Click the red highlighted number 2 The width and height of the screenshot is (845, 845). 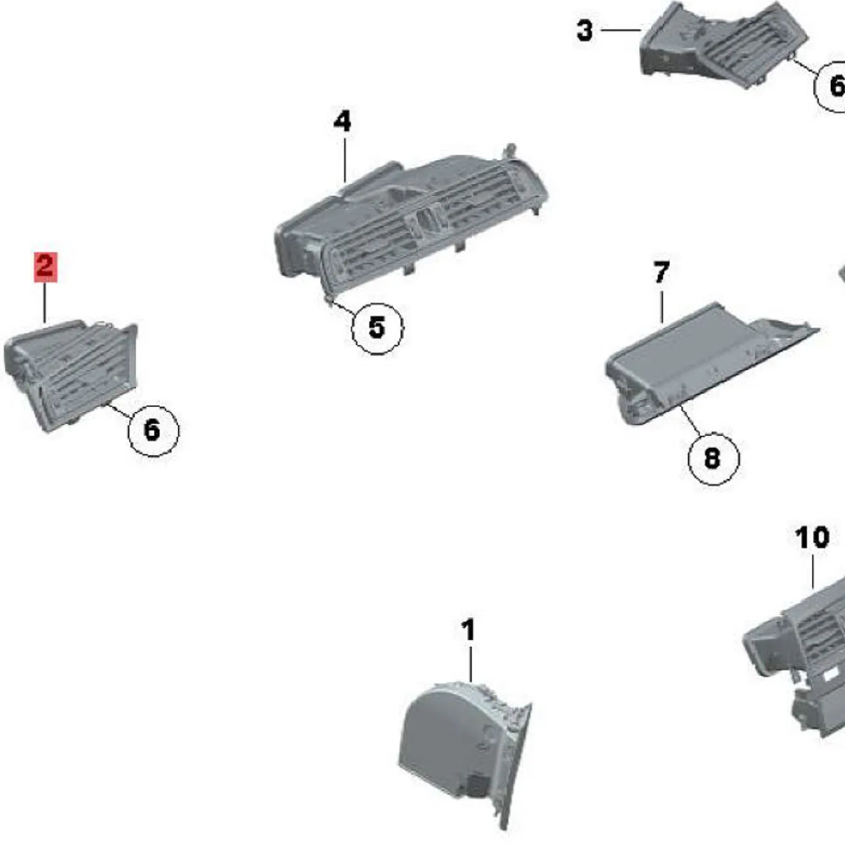coord(45,266)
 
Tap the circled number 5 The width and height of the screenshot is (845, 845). coord(377,328)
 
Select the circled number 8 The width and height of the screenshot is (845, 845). coord(712,458)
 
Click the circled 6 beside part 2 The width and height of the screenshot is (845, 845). coord(152,430)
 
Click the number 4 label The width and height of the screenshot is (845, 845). coord(342,121)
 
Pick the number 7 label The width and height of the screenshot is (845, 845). coord(661,273)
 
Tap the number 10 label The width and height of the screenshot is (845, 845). coord(812,538)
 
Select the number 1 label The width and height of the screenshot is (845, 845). coord(469,630)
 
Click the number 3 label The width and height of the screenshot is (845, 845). coord(584,30)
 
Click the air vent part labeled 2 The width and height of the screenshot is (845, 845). coord(70,374)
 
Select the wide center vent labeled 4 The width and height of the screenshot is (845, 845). coord(410,218)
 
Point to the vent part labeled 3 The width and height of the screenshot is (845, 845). coord(723,45)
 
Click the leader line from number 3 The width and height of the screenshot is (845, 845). coord(620,29)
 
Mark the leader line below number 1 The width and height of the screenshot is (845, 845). coord(471,663)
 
